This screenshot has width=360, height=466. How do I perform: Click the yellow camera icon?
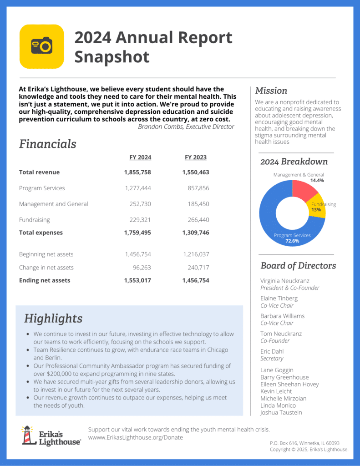click(41, 46)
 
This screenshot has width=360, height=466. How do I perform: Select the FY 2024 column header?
click(140, 157)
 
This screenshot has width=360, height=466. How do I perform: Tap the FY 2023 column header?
click(196, 157)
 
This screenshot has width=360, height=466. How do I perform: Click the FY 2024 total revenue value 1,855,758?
click(137, 172)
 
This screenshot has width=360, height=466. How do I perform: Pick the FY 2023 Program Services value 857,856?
click(198, 188)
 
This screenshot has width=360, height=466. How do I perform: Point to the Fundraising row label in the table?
click(35, 220)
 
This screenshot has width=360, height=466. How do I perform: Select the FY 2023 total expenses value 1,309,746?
click(196, 233)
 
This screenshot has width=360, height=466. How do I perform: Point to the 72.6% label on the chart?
click(292, 241)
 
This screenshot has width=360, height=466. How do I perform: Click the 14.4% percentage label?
click(317, 181)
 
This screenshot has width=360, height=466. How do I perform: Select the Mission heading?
click(271, 91)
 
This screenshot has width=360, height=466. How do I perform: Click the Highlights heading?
click(53, 319)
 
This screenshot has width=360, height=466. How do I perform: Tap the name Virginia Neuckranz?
click(285, 281)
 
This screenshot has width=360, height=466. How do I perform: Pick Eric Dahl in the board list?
click(272, 351)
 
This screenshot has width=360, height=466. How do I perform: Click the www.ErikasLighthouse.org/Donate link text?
click(136, 437)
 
